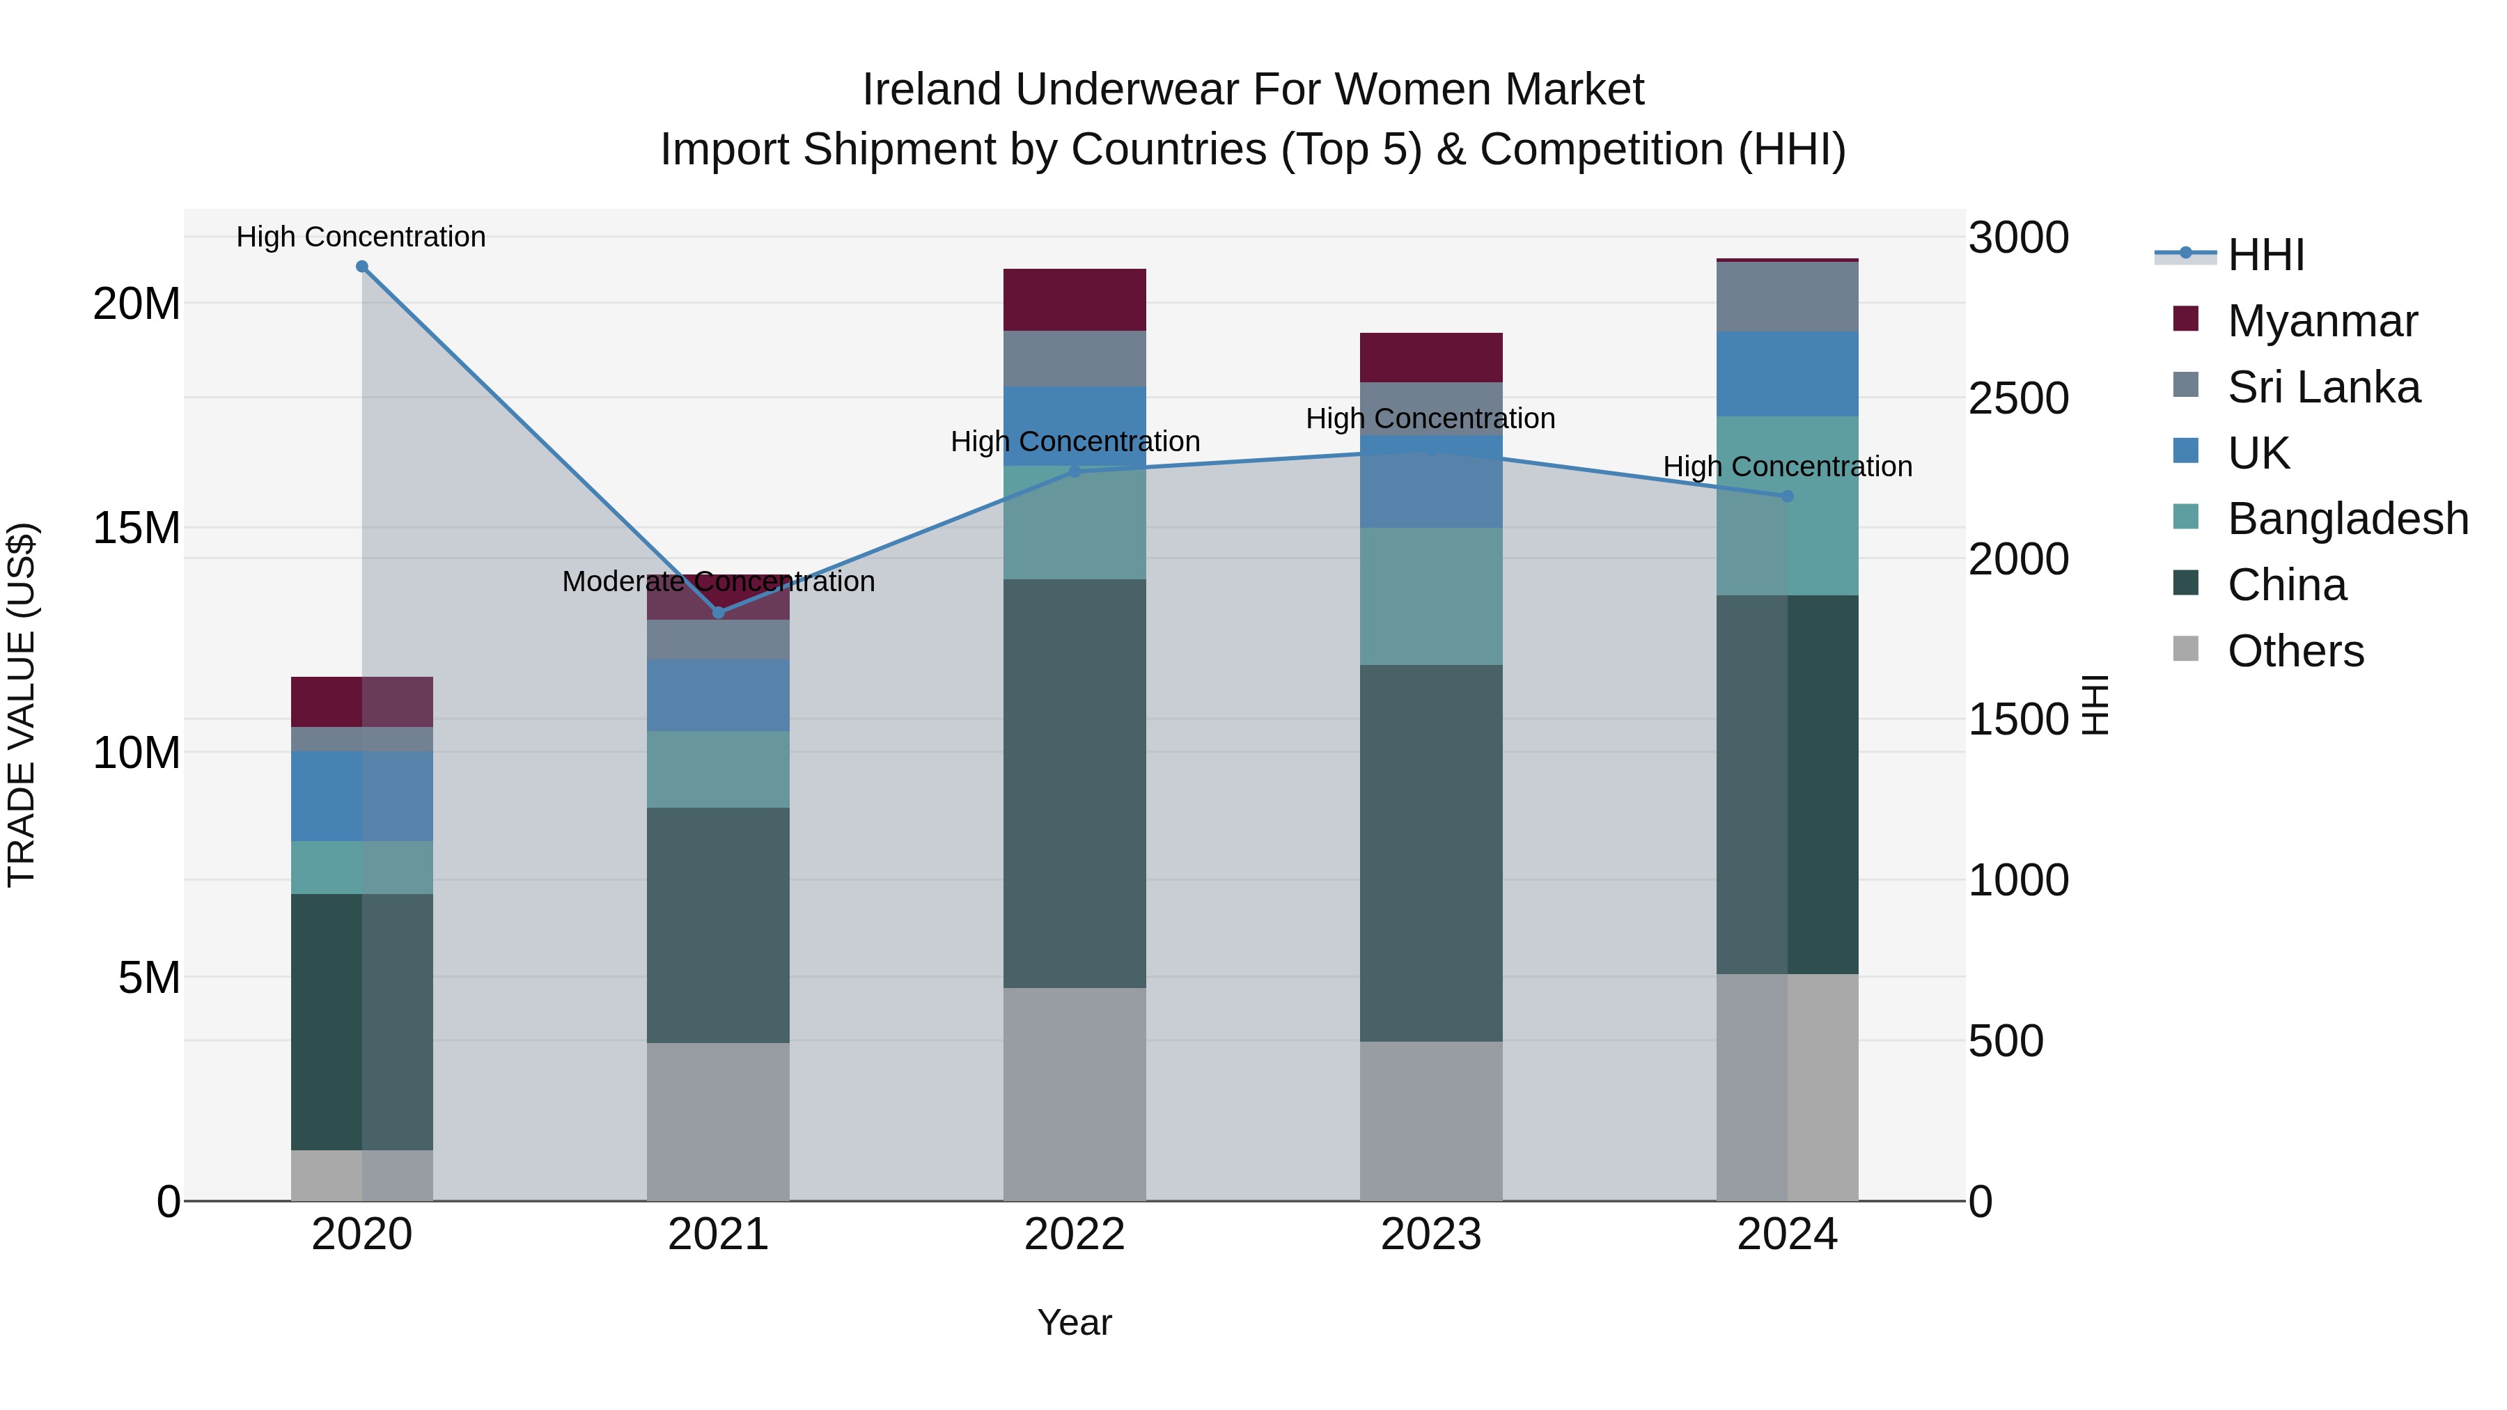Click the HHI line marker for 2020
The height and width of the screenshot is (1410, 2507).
tap(362, 267)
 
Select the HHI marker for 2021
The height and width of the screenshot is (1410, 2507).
tap(718, 612)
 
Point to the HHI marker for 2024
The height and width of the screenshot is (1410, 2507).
tap(1787, 496)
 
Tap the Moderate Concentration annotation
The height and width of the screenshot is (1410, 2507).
tap(718, 582)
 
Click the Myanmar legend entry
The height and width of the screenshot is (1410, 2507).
tap(2321, 321)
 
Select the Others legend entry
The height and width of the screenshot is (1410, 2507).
tap(2294, 651)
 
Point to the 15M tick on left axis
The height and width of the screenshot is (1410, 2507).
tap(136, 528)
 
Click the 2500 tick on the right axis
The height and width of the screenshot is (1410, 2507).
tap(2018, 398)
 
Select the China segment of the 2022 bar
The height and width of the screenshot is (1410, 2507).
tap(1075, 783)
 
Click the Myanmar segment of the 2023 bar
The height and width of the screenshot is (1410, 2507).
tap(1430, 357)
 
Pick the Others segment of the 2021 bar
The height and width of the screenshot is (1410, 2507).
tap(718, 1121)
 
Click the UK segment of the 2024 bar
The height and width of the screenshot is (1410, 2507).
tap(1787, 374)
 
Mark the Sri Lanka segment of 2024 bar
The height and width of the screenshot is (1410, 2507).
tap(1787, 297)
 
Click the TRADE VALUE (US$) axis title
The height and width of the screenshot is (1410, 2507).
tap(22, 705)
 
